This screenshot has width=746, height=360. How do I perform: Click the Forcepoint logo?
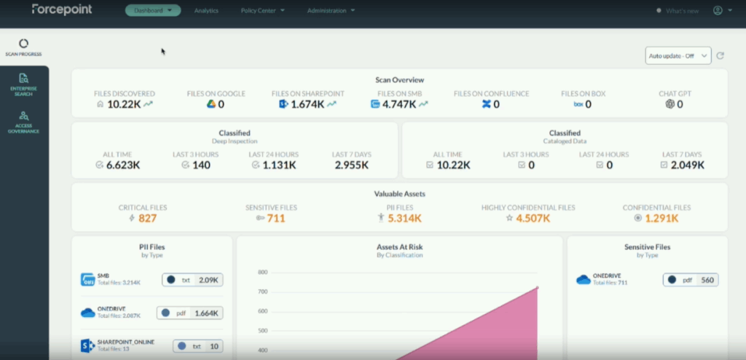pyautogui.click(x=61, y=10)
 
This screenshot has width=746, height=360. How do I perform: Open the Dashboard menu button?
pyautogui.click(x=152, y=11)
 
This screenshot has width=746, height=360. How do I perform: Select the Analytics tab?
pyautogui.click(x=206, y=11)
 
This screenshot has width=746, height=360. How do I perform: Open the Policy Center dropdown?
pyautogui.click(x=262, y=11)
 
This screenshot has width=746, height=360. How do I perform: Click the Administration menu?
pyautogui.click(x=331, y=11)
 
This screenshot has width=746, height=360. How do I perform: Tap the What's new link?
pyautogui.click(x=682, y=11)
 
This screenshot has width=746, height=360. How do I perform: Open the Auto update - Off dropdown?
pyautogui.click(x=678, y=56)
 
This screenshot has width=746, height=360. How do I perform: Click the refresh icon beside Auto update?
pyautogui.click(x=721, y=56)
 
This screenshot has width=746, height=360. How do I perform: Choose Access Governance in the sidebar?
pyautogui.click(x=24, y=121)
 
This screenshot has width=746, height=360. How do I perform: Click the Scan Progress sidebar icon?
pyautogui.click(x=24, y=47)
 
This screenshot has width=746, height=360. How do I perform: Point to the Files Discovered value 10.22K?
pyautogui.click(x=124, y=104)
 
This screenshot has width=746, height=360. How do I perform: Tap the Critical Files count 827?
pyautogui.click(x=147, y=218)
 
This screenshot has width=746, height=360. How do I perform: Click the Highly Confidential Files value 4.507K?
pyautogui.click(x=533, y=218)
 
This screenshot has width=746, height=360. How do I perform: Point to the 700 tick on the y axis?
pyautogui.click(x=262, y=291)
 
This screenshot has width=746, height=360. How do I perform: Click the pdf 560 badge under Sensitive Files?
pyautogui.click(x=690, y=280)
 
